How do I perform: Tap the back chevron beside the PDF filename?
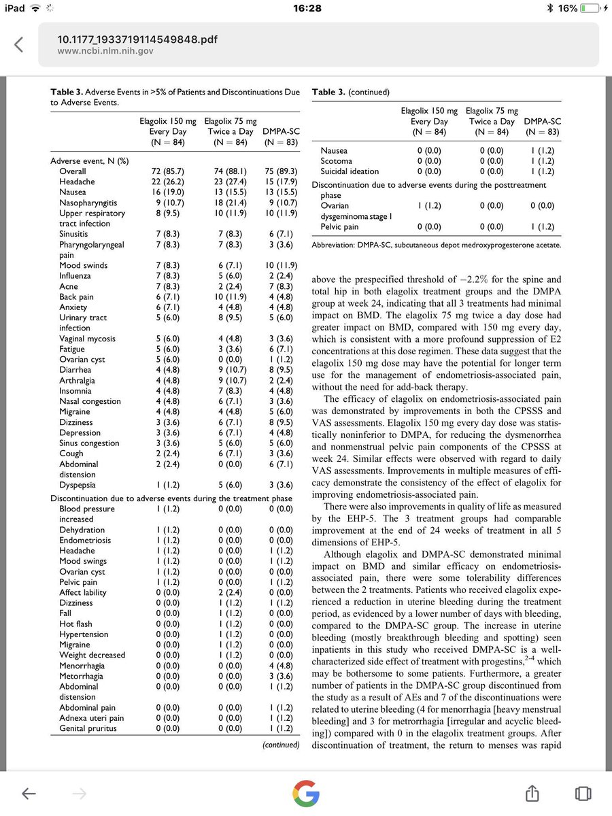(x=19, y=45)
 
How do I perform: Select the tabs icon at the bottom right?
(x=581, y=793)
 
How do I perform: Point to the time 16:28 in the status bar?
(x=306, y=8)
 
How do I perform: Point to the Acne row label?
(x=69, y=286)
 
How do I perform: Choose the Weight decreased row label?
(x=92, y=655)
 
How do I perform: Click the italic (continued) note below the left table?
(x=281, y=745)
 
